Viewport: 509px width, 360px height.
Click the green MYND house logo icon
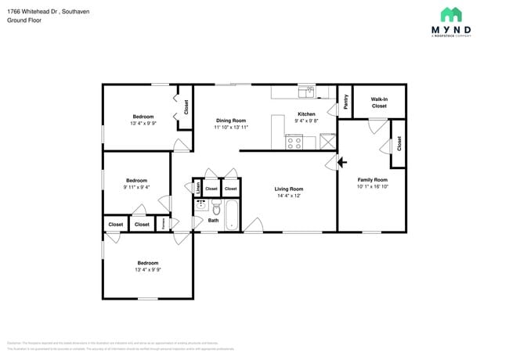coord(450,14)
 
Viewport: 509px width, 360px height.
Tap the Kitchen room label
coord(305,113)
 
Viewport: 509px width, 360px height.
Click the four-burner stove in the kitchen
coord(294,142)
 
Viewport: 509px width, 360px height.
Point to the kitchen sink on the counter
coord(305,92)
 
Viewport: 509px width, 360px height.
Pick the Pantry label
coord(345,103)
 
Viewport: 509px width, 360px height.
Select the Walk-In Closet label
coord(379,103)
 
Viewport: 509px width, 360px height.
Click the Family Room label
coord(372,179)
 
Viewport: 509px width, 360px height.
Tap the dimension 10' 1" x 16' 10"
coord(372,186)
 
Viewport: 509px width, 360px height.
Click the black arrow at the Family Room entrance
coord(341,163)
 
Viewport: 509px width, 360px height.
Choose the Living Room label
coord(288,189)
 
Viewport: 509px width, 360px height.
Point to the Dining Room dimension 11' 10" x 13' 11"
coord(231,127)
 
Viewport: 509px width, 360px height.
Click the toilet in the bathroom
coord(216,208)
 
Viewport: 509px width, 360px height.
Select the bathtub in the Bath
coord(232,214)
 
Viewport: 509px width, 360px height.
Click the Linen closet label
coord(197,188)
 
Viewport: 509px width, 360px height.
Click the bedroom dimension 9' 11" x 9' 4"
coord(137,186)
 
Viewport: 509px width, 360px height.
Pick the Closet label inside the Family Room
coord(399,143)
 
